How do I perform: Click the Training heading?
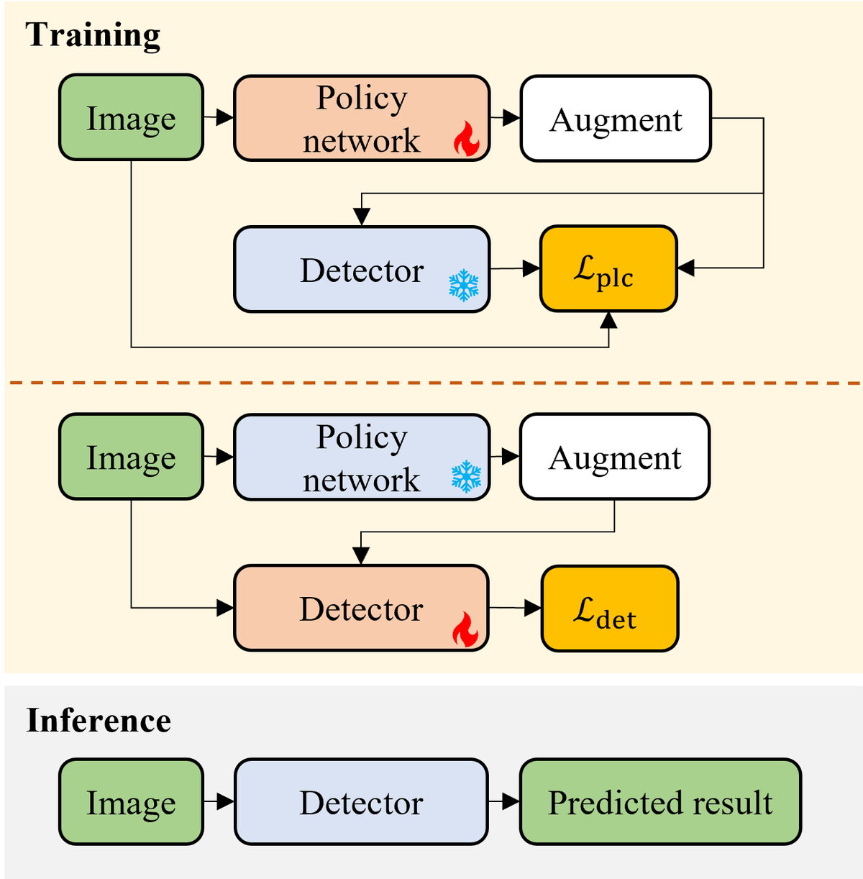93,35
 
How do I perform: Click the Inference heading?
99,720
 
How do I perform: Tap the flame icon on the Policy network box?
466,139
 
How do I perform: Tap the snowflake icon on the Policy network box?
466,476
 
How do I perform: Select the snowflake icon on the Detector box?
463,285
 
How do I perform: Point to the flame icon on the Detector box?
465,629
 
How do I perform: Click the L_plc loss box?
608,268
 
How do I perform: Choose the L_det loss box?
609,608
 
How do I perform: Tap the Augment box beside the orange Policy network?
616,118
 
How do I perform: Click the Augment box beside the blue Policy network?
614,456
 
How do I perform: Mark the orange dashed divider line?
434,382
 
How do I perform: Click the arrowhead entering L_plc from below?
608,320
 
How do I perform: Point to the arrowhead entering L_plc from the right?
686,268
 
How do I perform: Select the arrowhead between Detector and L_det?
533,608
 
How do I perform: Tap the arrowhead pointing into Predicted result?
511,801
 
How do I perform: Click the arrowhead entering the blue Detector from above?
361,217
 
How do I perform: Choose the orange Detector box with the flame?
361,608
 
